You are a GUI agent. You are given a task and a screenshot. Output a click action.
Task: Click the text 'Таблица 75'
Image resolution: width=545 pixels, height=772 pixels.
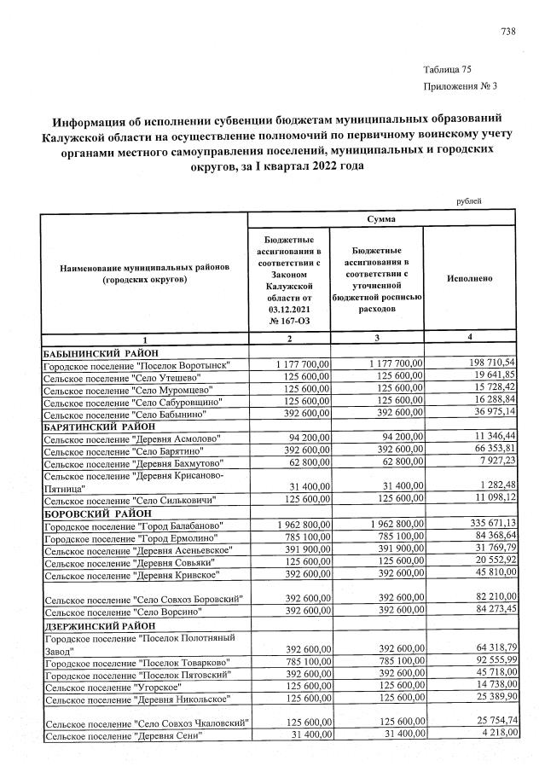tap(446, 70)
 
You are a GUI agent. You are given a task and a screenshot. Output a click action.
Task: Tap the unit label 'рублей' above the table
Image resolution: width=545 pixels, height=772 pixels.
tap(469, 200)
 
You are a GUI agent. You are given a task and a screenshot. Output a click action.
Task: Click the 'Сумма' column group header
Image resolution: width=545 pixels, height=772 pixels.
tap(380, 219)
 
